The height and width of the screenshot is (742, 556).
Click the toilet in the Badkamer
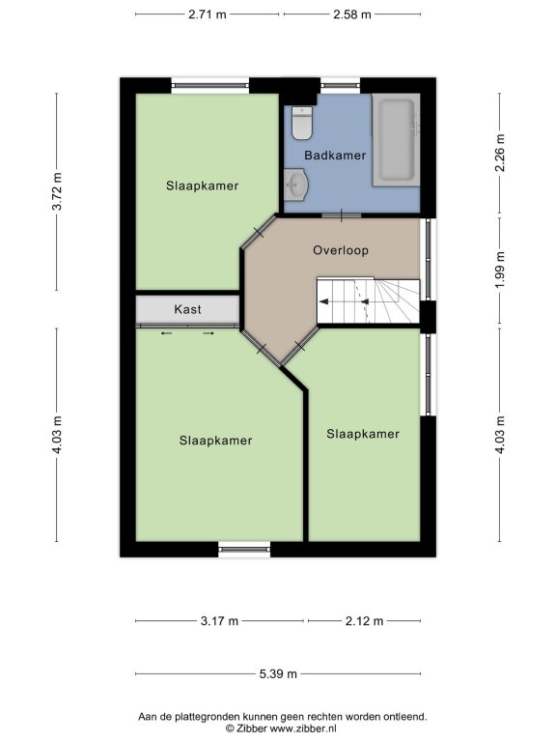tap(301, 123)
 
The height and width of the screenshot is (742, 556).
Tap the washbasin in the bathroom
tap(296, 184)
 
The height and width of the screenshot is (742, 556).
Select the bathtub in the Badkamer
tap(395, 139)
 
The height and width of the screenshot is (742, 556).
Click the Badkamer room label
tap(335, 156)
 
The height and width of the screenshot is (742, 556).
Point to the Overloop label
tap(341, 250)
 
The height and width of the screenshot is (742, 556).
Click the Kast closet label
tap(187, 309)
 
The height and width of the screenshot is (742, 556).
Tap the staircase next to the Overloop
tap(368, 301)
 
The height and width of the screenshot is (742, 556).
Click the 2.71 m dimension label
tap(208, 14)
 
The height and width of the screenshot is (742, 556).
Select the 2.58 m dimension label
tap(352, 14)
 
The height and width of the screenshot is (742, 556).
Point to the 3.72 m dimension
tap(57, 191)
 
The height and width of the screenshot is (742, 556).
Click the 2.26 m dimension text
tap(500, 153)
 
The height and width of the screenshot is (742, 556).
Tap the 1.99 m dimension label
tap(500, 270)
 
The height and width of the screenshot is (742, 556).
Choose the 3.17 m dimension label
tap(219, 621)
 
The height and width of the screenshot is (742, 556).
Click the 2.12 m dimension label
tap(364, 621)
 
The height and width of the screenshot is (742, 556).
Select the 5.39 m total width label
tap(278, 673)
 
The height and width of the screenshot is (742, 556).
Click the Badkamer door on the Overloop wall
tap(342, 215)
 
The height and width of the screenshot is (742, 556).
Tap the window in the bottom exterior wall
tap(244, 549)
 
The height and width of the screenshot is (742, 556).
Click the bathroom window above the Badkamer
tap(341, 86)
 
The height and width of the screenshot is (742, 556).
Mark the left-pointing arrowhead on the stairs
tap(324, 301)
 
